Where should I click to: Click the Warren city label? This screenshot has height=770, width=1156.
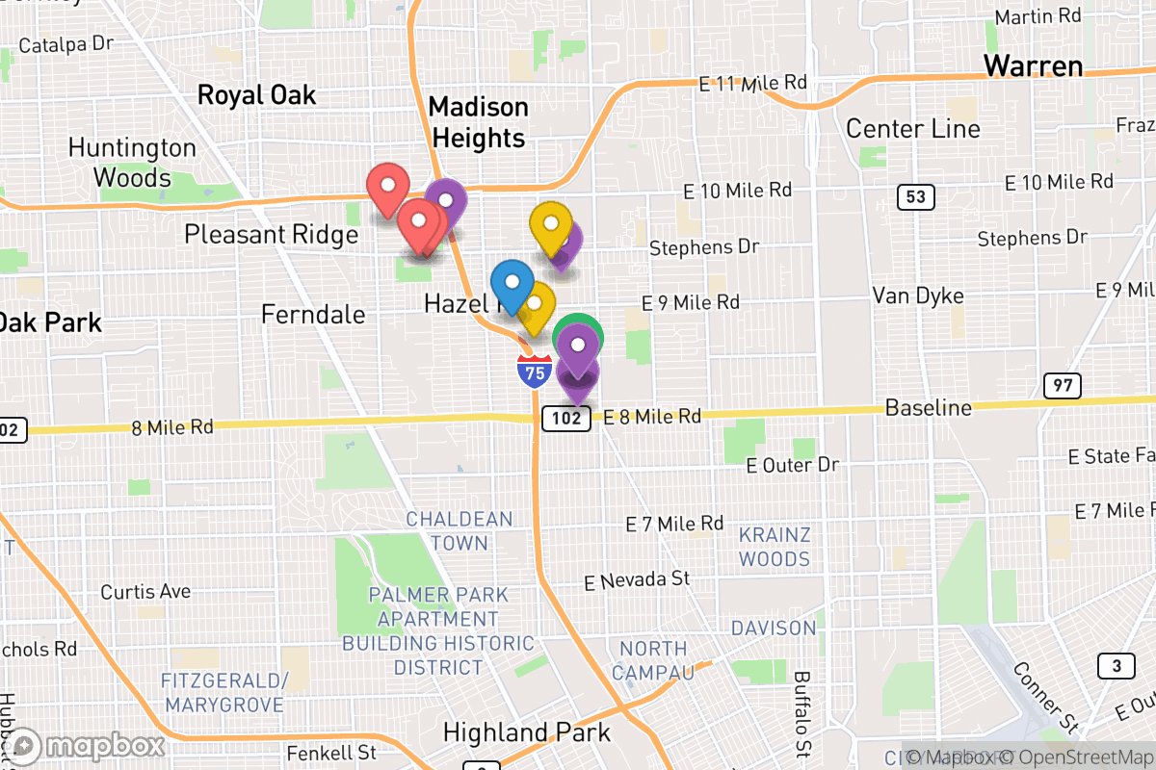point(1033,66)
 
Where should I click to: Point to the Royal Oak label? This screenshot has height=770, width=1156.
point(256,94)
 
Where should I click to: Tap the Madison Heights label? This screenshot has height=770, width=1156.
point(479,122)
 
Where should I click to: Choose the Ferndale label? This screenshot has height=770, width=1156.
point(314,314)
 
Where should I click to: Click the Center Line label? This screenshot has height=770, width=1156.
point(912,129)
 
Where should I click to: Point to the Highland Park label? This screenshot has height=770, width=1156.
point(526,732)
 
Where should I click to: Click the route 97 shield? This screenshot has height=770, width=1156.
point(1062,386)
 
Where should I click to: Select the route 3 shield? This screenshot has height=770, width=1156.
point(1116,665)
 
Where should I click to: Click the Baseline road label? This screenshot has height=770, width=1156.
point(928,408)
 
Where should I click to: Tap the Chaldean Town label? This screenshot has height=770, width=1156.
point(459,530)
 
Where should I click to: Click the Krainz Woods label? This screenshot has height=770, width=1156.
point(775,547)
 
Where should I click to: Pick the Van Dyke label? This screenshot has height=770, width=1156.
point(918,295)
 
